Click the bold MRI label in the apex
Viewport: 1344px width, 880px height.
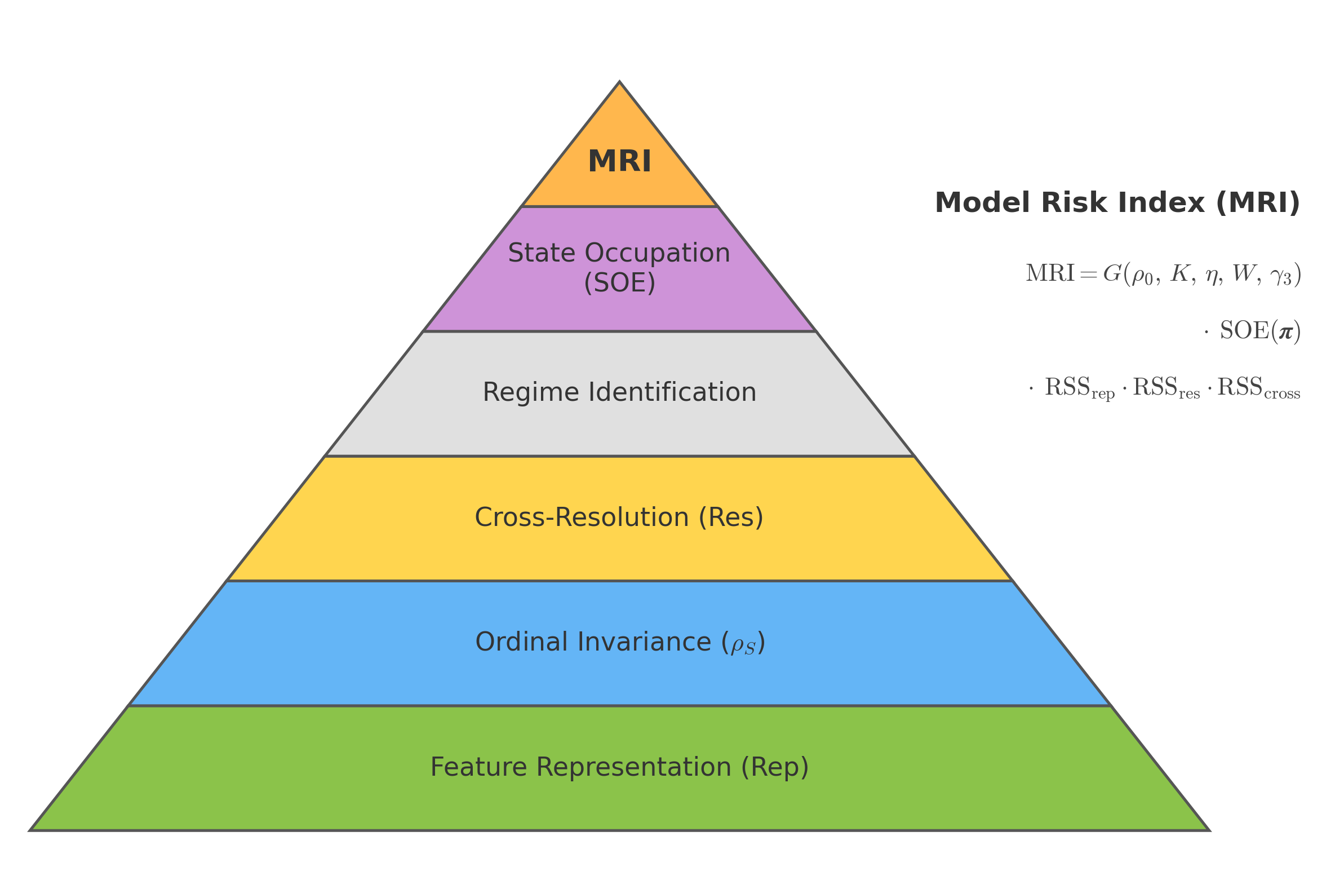(x=619, y=162)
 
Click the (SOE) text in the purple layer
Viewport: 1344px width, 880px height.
(x=619, y=283)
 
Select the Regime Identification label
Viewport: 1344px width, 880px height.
(x=619, y=392)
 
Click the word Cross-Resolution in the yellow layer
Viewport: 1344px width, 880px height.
(x=581, y=518)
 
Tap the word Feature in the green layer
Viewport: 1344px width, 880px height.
(x=478, y=767)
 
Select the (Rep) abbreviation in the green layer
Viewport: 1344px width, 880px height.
(x=775, y=768)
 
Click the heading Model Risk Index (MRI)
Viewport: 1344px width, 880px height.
(x=1117, y=203)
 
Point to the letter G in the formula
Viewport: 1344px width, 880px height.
(x=1112, y=274)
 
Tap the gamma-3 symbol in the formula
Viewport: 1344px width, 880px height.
(x=1281, y=276)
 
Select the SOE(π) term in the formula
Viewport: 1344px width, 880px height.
(x=1259, y=331)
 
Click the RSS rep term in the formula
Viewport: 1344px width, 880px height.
(x=1079, y=388)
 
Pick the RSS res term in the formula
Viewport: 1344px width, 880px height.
(x=1165, y=388)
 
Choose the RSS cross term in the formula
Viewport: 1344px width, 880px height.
(x=1258, y=388)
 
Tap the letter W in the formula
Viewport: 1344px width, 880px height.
(x=1243, y=273)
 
